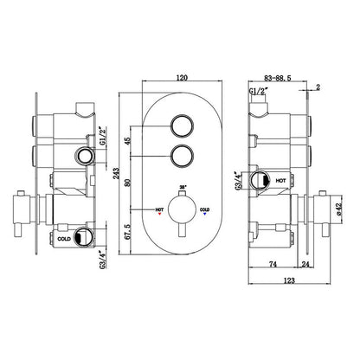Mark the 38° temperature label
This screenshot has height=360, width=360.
point(182,186)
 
